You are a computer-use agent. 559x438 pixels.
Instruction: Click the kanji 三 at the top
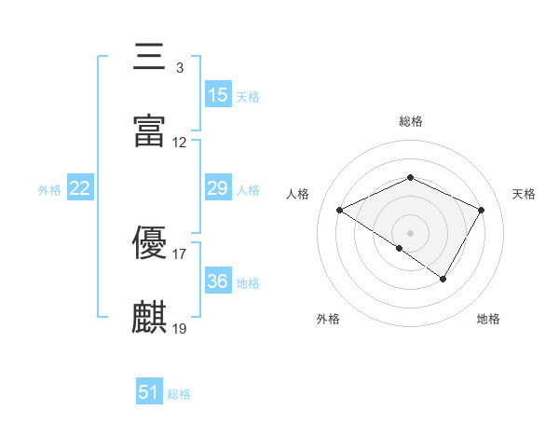(150, 58)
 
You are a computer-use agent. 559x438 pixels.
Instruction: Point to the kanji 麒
(150, 317)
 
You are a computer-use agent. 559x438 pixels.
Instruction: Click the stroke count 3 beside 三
(179, 68)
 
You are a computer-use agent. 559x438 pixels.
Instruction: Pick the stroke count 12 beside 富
(180, 143)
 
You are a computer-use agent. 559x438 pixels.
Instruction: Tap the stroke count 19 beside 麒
(180, 328)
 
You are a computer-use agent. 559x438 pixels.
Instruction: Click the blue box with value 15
(218, 95)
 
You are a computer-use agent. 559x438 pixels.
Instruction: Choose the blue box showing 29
(218, 188)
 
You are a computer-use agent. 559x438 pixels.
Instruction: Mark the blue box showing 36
(218, 281)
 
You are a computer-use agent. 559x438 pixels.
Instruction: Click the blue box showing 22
(80, 188)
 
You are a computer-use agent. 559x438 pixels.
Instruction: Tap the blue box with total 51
(149, 392)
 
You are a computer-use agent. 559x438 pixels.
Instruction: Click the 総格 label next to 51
(179, 394)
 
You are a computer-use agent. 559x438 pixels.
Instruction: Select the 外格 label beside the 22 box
(49, 190)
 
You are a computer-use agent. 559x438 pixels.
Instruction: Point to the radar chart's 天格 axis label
(525, 194)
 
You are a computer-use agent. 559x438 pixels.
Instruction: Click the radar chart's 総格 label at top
(411, 121)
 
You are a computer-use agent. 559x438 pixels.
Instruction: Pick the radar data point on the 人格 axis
(340, 211)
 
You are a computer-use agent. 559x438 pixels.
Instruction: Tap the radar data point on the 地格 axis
(443, 279)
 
